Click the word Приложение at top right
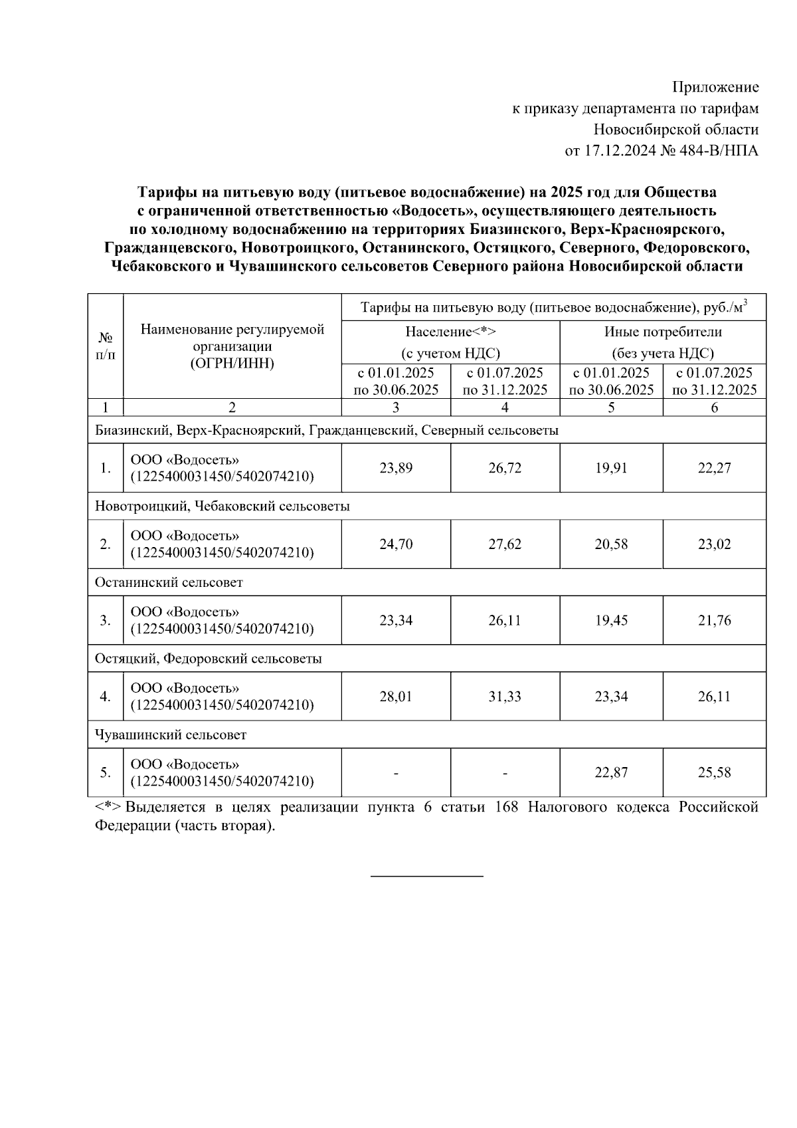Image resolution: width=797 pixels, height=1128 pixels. pos(715,87)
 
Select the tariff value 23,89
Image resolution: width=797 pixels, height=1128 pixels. pos(396,468)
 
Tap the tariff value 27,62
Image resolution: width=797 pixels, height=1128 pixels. pos(505,544)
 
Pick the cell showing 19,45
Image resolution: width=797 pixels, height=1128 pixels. pos(611,621)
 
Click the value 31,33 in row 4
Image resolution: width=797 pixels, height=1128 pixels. pos(505,697)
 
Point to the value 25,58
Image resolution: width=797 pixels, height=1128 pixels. pos(714,773)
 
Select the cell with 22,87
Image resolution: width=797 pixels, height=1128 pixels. pos(611,773)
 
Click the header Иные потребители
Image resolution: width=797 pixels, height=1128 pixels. pos(662,332)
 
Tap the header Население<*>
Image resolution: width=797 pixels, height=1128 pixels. pos(450,332)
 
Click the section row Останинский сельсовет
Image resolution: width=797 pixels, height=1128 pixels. pos(169,583)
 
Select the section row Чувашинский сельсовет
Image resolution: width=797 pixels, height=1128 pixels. pos(171,735)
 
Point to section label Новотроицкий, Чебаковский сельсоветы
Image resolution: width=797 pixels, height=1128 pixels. pos(222,507)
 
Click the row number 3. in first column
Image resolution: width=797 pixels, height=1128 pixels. pos(105,621)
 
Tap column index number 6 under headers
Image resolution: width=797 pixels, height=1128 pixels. pos(714,407)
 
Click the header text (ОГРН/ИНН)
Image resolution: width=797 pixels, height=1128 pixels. pos(232,363)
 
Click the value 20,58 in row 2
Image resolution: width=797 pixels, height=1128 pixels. pos(611,544)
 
